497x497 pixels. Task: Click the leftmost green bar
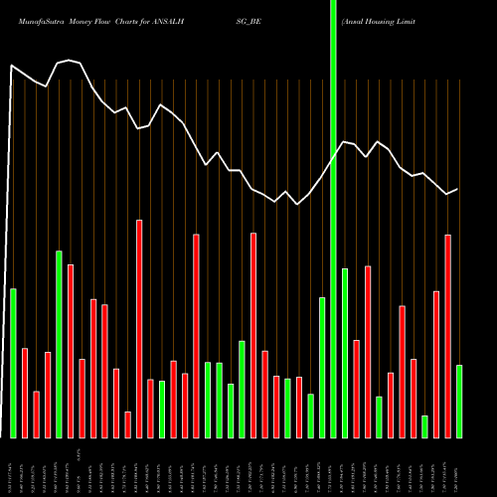coord(13,363)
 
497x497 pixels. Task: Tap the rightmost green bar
coord(459,402)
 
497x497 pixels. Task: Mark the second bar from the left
coord(25,393)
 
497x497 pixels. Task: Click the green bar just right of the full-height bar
coord(345,353)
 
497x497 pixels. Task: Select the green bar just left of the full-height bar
coord(322,367)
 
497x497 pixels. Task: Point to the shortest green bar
coord(424,426)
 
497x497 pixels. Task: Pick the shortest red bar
coord(127,424)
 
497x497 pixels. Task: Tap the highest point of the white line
coord(71,60)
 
